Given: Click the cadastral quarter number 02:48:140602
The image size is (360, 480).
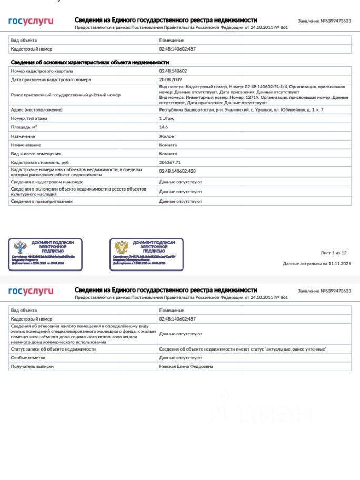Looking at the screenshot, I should (173, 71).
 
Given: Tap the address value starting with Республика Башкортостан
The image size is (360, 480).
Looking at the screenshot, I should (241, 109).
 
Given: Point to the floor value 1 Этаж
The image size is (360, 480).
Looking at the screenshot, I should (167, 118).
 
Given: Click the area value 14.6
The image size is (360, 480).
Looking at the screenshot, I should (164, 127).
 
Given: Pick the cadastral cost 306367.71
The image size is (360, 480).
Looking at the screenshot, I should (169, 162).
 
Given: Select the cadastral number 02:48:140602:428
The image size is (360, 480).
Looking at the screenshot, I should (177, 171).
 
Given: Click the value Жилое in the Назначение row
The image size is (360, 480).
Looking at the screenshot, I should (166, 136).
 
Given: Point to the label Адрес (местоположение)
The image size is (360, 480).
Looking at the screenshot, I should (37, 109).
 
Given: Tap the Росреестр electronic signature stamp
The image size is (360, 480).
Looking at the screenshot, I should (45, 254).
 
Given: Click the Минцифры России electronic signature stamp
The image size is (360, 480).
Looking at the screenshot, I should (146, 254).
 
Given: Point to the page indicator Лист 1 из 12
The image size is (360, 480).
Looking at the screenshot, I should (333, 253).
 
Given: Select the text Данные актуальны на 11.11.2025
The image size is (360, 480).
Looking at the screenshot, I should (316, 263).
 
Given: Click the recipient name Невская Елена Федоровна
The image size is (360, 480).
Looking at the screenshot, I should (186, 366).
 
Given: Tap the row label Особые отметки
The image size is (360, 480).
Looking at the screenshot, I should (28, 358).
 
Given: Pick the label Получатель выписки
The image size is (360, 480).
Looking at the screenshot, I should (32, 366).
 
